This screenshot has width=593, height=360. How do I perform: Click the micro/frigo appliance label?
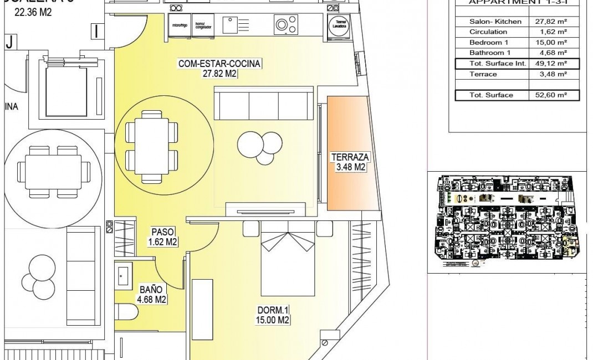click(179, 25)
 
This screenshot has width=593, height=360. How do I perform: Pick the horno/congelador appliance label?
click(203, 25)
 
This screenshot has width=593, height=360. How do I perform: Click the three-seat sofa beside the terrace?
click(263, 103)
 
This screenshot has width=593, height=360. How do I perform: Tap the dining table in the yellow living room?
click(152, 147)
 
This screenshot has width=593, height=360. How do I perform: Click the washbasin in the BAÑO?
click(124, 275)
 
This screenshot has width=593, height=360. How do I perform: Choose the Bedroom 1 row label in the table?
click(489, 43)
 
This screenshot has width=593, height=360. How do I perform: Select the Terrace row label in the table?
click(483, 74)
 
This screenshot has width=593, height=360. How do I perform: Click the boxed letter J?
click(9, 41)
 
